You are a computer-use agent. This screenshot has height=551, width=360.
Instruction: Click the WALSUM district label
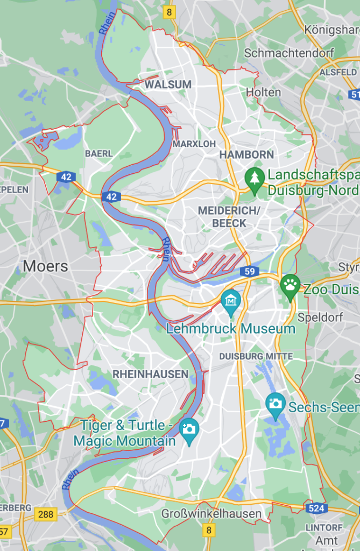coord(168,84)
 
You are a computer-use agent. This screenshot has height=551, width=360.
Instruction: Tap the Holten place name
coord(264,92)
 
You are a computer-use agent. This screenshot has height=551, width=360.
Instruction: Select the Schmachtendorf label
coord(289,53)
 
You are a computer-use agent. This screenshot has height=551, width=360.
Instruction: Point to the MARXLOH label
coord(194,144)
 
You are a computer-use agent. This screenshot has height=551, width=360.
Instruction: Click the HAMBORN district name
coord(246,154)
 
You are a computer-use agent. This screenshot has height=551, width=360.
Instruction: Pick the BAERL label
coord(99,153)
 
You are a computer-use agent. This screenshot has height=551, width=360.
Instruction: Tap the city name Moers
coord(45,266)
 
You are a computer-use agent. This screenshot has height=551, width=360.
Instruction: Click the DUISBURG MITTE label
coord(256,356)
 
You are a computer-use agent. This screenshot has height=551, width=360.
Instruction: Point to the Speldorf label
coord(320,317)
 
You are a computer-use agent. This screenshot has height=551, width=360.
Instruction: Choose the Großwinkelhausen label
coord(211,514)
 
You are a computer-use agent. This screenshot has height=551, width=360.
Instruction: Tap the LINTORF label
coord(324,527)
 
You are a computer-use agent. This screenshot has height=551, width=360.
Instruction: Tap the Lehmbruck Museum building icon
coord(231,299)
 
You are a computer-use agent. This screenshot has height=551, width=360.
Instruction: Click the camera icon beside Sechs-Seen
coord(276,402)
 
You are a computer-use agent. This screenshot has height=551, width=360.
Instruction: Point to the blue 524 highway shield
coord(316,507)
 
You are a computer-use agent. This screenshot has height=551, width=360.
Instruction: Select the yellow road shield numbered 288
coord(46,514)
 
